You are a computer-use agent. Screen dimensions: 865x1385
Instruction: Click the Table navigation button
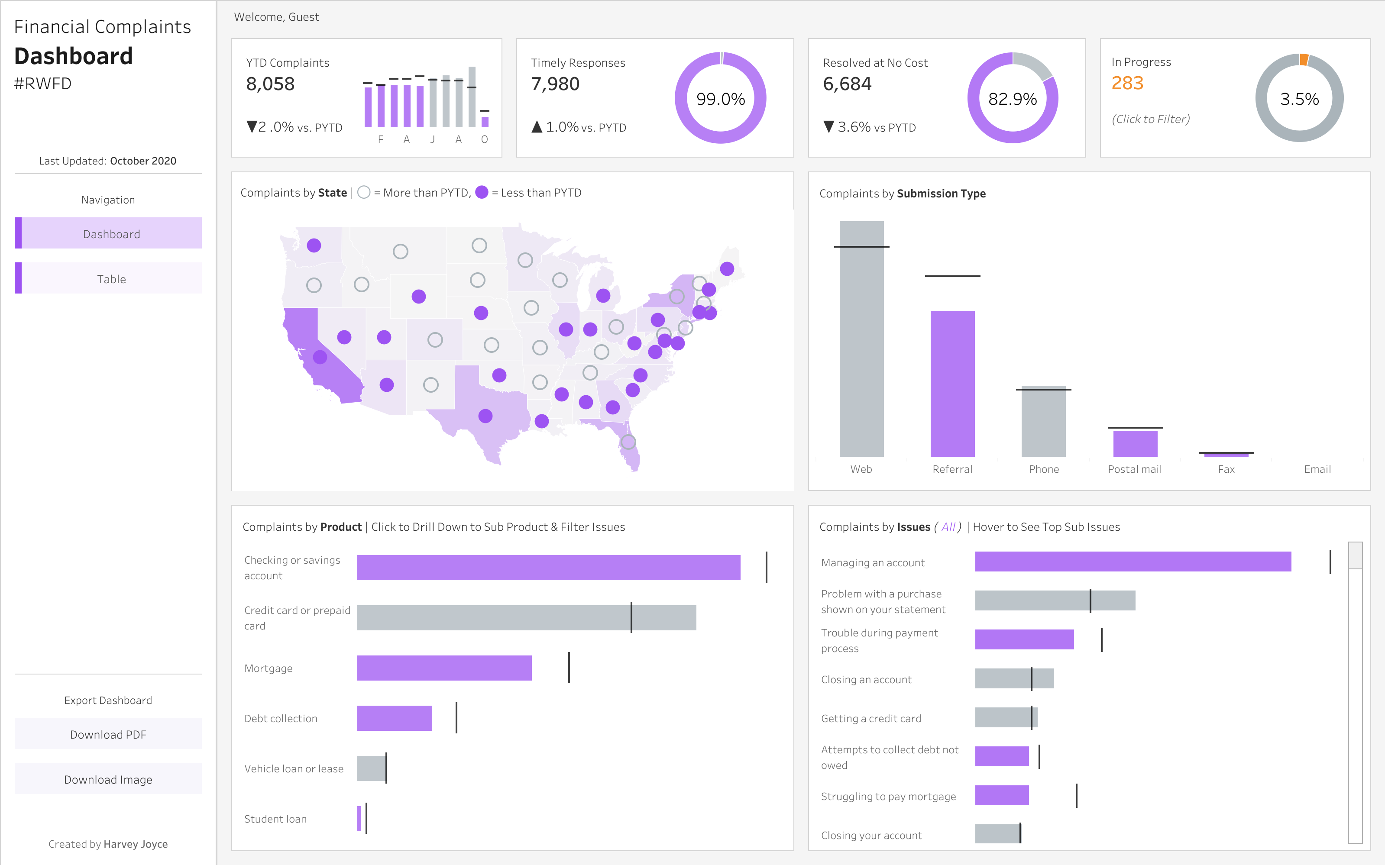coord(111,279)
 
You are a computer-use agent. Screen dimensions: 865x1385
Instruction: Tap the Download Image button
coord(108,779)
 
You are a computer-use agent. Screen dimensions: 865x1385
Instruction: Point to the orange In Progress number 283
coord(1126,84)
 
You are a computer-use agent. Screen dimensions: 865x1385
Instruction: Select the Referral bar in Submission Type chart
coord(952,383)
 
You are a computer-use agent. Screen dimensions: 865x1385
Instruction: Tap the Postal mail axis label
coord(1134,469)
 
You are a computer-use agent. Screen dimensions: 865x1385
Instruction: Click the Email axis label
coord(1317,469)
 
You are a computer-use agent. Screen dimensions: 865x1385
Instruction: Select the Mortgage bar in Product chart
coord(443,668)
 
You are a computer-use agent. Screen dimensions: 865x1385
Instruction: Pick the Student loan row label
coord(275,819)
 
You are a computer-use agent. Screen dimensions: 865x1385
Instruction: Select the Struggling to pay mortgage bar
coord(1002,795)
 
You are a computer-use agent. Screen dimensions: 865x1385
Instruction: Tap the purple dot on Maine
coord(727,269)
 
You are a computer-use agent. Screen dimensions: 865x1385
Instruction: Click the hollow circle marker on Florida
coord(628,442)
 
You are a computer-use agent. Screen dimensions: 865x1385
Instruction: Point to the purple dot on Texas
coord(485,416)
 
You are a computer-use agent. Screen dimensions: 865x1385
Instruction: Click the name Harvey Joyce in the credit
coord(136,844)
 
